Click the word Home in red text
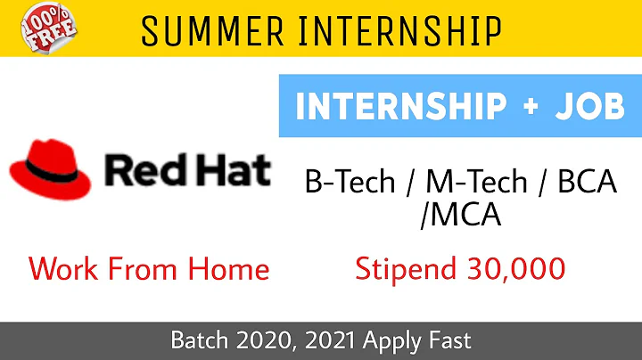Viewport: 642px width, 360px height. (226, 267)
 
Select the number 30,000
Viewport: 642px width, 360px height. (513, 268)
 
